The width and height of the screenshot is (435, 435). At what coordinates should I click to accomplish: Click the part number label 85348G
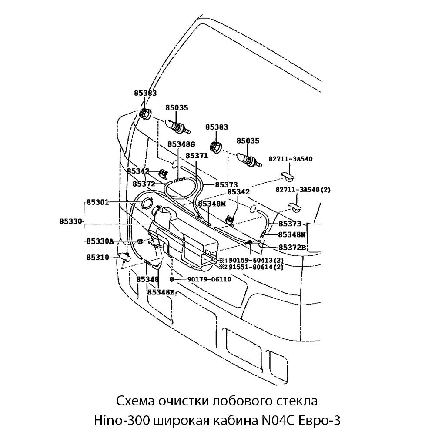click(182, 144)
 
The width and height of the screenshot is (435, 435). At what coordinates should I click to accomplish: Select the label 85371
click(197, 155)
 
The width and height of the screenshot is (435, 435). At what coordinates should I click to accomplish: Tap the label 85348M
click(212, 203)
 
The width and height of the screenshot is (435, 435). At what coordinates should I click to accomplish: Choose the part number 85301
click(97, 202)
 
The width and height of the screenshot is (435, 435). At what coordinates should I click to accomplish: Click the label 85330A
click(100, 241)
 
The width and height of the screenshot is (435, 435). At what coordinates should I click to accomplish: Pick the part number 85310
click(97, 257)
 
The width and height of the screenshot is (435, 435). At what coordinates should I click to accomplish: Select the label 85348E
click(161, 292)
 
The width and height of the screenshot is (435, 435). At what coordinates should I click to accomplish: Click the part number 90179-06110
click(209, 279)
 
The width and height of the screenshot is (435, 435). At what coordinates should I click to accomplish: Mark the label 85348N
click(292, 234)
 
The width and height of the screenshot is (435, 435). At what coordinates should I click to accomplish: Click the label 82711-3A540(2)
click(303, 190)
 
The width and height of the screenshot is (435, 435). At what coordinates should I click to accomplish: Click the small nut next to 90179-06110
click(172, 279)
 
